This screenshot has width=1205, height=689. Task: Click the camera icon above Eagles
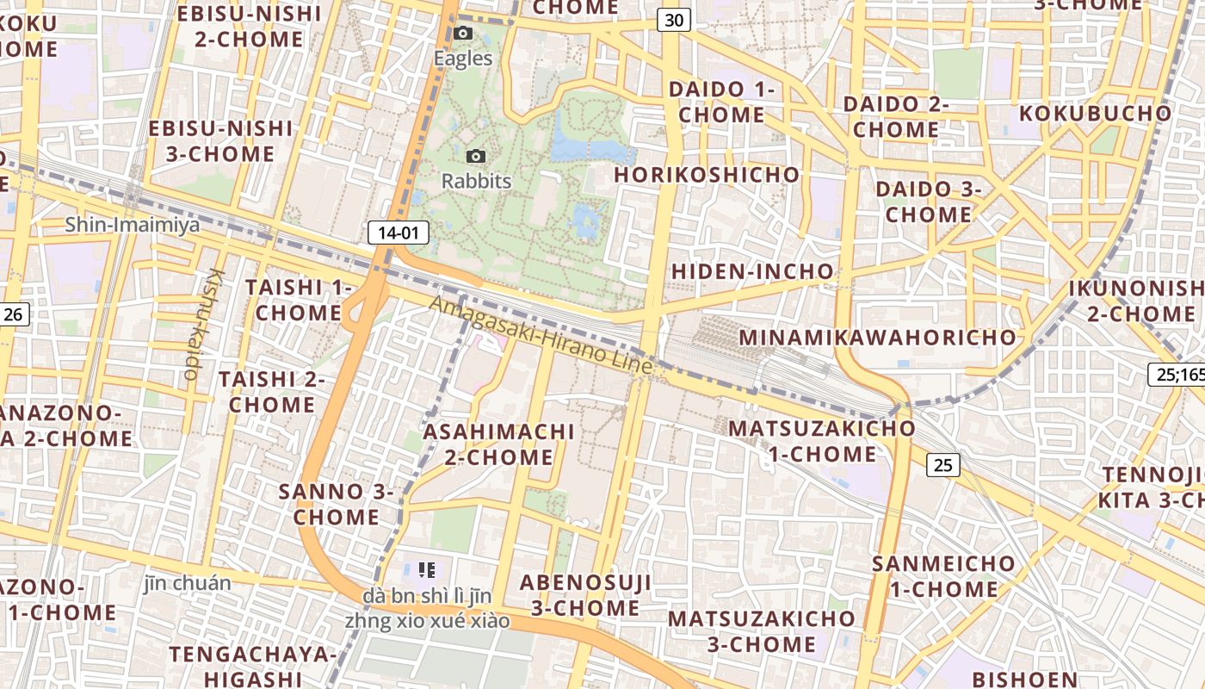pyautogui.click(x=463, y=34)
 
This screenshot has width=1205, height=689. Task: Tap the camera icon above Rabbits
pyautogui.click(x=475, y=156)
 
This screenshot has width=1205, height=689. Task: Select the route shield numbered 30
pyautogui.click(x=675, y=20)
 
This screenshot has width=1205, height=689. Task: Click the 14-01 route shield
pyautogui.click(x=398, y=232)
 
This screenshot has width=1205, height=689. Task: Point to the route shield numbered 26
pyautogui.click(x=13, y=314)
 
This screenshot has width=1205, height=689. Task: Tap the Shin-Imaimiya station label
pyautogui.click(x=133, y=226)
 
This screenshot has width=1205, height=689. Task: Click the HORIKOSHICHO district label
pyautogui.click(x=708, y=175)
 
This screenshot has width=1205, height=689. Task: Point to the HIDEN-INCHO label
pyautogui.click(x=752, y=271)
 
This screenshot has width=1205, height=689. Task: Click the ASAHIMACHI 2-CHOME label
pyautogui.click(x=499, y=444)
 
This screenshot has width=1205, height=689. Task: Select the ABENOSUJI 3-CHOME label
pyautogui.click(x=585, y=595)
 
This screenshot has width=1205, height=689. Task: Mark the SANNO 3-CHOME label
pyautogui.click(x=336, y=504)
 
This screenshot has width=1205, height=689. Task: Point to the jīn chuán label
pyautogui.click(x=188, y=583)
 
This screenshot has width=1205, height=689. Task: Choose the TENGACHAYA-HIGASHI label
pyautogui.click(x=252, y=666)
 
